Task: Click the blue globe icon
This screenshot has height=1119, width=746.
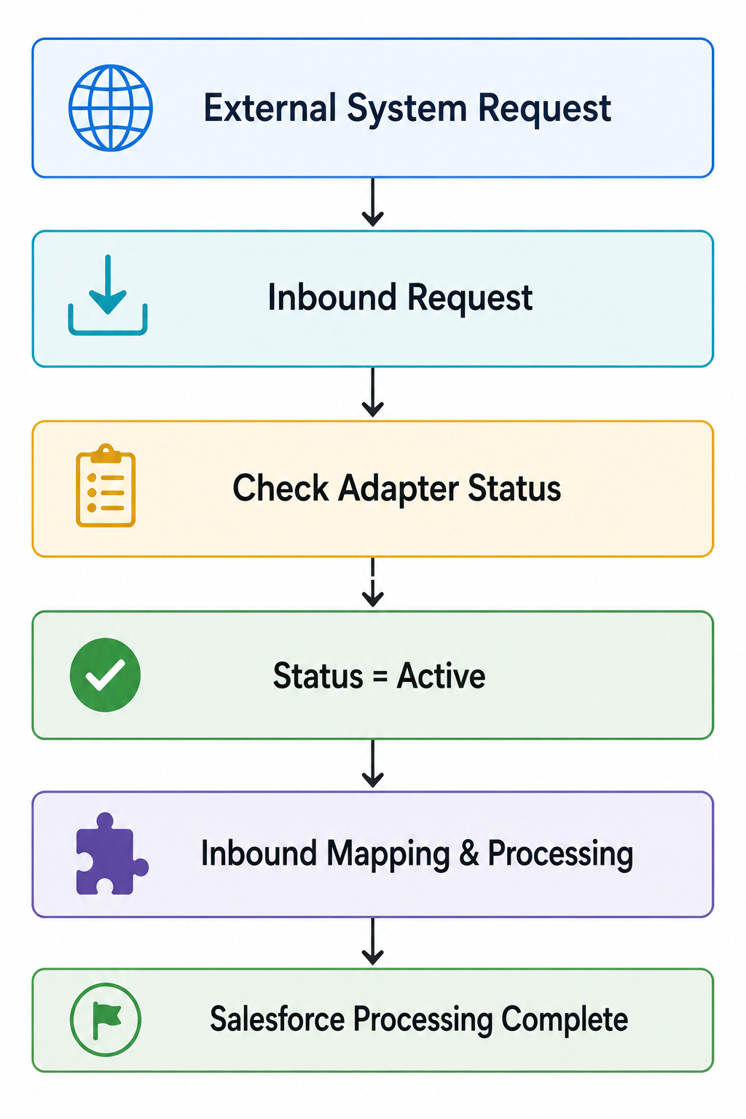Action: point(111,107)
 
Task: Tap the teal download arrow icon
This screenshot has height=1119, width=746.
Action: point(108,295)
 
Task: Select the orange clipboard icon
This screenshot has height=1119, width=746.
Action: point(106,485)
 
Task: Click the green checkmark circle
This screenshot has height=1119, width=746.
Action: point(106,675)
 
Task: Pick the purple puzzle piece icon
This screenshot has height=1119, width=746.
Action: point(111,854)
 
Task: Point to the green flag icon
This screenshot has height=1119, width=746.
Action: point(106,1020)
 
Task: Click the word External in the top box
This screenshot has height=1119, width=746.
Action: point(270,107)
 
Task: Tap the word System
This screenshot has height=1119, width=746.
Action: point(407,109)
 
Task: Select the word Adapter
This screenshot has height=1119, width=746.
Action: point(398,489)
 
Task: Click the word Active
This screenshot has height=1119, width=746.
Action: point(441,675)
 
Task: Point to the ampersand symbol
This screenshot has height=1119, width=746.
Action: point(468,853)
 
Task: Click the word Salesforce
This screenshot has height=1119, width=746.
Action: point(278,1019)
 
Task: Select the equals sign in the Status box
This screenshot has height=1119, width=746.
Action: point(380,677)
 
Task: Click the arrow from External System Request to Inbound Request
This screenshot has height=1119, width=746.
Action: point(373,202)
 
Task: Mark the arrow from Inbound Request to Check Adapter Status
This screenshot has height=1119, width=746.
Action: point(373,392)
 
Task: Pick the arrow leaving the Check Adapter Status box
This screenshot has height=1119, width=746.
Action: point(373,582)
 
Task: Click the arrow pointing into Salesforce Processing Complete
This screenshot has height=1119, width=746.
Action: point(373,941)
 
